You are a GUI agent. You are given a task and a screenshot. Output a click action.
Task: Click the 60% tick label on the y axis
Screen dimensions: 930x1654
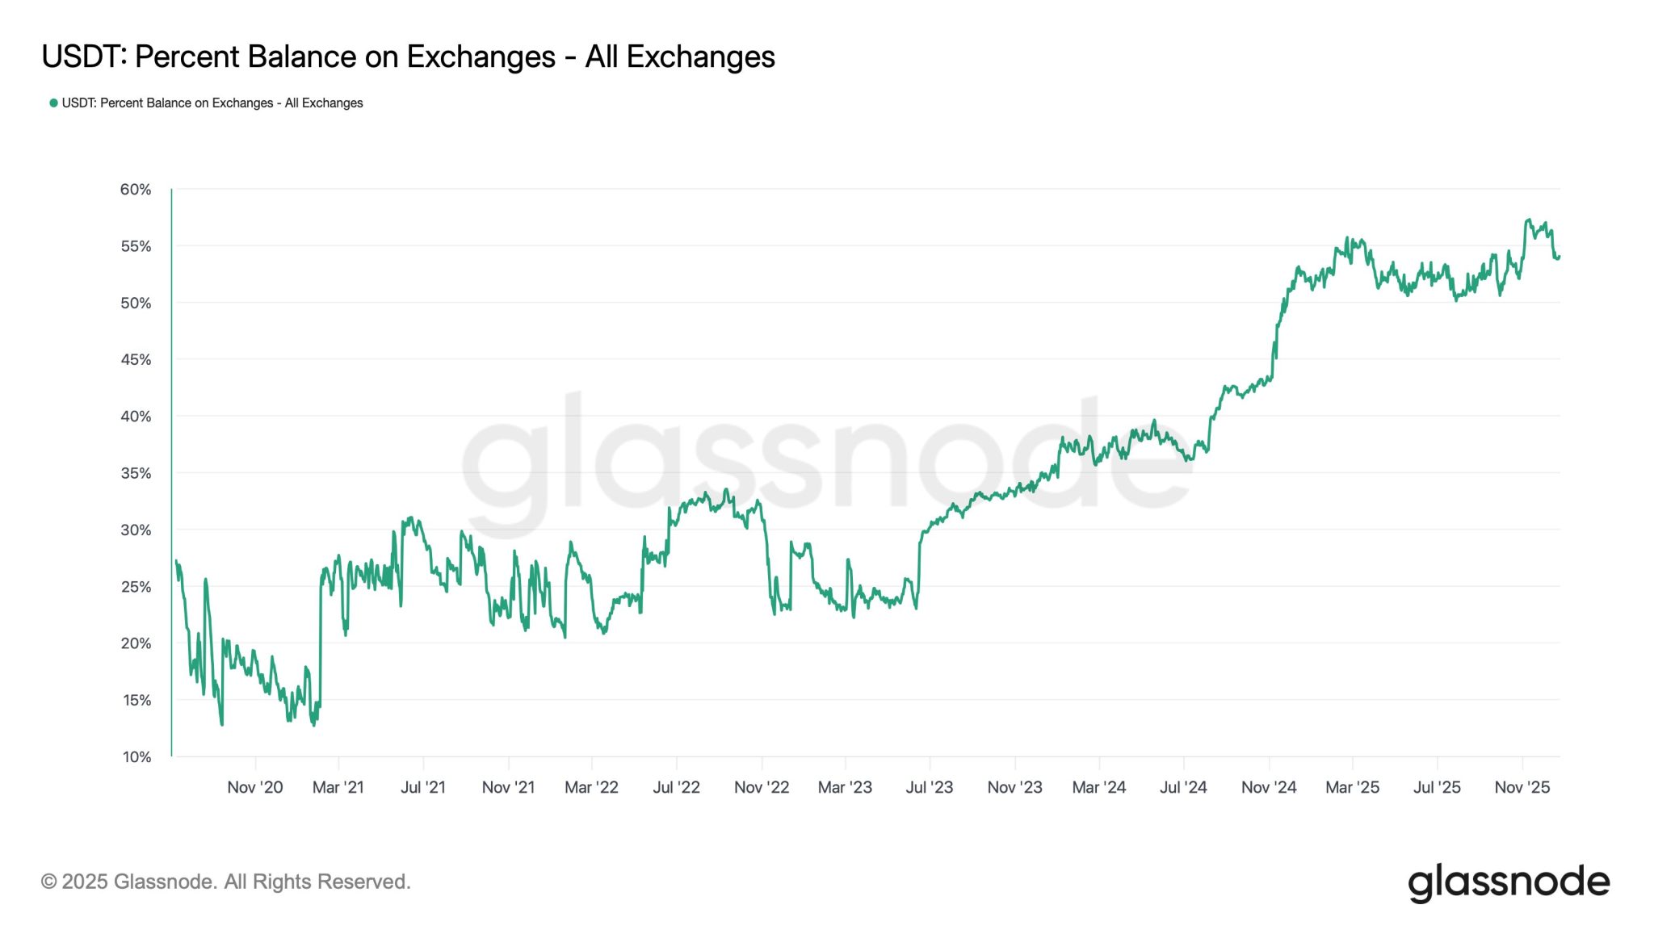(136, 190)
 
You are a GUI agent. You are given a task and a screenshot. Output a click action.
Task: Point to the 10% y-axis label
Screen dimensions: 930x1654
(136, 757)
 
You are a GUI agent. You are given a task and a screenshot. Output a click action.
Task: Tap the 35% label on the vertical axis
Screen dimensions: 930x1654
(136, 473)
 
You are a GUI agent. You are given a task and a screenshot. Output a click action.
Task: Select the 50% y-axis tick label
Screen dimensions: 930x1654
(136, 304)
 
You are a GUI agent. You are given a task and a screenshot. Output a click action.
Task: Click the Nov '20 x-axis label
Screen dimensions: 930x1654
(255, 787)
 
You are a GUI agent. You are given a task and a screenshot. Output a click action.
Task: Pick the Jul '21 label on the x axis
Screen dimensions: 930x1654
(423, 787)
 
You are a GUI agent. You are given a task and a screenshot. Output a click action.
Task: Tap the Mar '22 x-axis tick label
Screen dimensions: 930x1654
(591, 787)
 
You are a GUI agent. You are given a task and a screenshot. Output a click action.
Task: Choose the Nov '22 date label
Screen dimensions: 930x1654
(762, 787)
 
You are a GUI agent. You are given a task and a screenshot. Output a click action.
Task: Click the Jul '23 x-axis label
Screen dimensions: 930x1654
(930, 787)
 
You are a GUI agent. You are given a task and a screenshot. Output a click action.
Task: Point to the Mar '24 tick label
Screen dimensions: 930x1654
(1099, 787)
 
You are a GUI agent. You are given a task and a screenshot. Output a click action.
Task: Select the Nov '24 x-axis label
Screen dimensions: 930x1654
(1269, 787)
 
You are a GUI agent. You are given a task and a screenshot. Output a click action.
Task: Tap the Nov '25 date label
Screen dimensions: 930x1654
(1522, 787)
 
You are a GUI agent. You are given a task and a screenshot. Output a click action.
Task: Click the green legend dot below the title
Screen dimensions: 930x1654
(53, 103)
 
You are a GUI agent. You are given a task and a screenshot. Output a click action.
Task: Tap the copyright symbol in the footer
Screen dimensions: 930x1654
(48, 882)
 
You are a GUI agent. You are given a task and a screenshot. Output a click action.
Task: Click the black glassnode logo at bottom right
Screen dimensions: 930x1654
(1509, 882)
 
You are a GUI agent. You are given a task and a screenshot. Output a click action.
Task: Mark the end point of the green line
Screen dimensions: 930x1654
(1559, 257)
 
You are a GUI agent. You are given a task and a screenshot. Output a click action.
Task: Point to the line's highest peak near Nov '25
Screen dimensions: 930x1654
(1528, 220)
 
